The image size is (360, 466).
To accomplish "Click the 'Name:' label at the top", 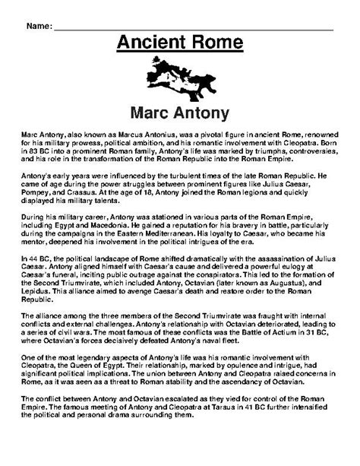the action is (x=40, y=26).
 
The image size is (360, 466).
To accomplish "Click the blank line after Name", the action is (x=197, y=27).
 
